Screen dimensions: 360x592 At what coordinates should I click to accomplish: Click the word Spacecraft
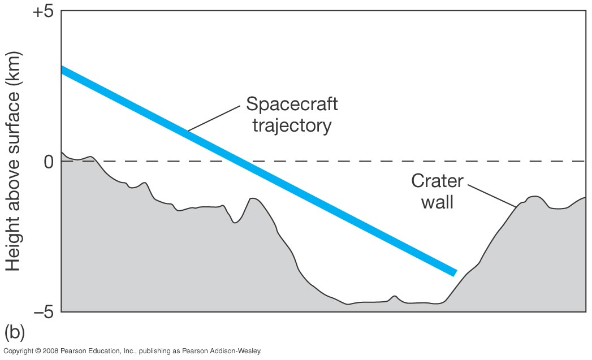[x=292, y=104]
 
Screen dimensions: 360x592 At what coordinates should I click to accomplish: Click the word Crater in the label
[x=437, y=181]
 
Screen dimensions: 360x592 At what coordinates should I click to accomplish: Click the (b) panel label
[x=15, y=332]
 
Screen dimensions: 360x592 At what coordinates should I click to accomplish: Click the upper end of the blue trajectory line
[x=63, y=70]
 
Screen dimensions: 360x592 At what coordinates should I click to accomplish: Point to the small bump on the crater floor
[x=394, y=297]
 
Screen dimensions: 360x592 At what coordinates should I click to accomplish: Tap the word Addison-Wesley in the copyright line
[x=240, y=351]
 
